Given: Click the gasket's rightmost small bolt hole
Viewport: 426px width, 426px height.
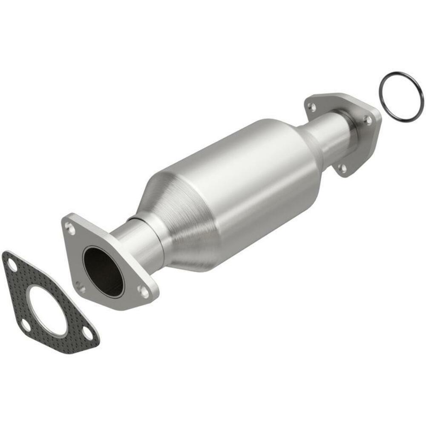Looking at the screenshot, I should click(87, 333).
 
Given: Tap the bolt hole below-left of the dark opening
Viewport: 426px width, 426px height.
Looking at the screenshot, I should click(80, 288).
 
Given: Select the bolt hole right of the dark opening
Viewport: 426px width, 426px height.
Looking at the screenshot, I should click(144, 291).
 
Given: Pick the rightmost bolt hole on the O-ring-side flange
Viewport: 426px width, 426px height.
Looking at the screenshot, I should click(367, 121).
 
